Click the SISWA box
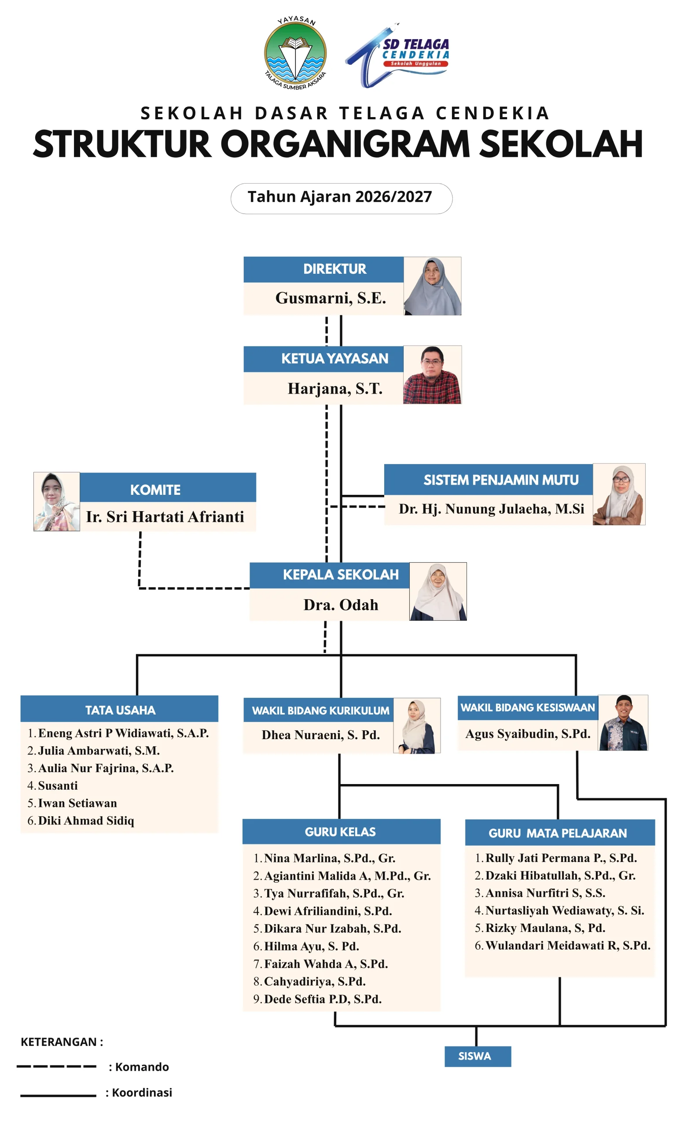pos(478,1056)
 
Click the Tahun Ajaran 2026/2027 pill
pos(341,198)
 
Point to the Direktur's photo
pos(432,286)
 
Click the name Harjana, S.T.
pos(335,389)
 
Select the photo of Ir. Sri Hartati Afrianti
pos(56,501)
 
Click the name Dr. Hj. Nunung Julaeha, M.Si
pos(491,508)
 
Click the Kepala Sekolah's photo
pos(438,591)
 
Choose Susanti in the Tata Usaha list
pos(58,785)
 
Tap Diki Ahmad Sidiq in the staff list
pos(86,821)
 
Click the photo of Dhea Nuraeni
pos(417,725)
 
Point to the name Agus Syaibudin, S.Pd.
pos(528,733)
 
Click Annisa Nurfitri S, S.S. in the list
pos(545,893)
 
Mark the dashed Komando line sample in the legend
pos(56,1066)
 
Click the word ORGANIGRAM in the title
pos(345,144)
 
